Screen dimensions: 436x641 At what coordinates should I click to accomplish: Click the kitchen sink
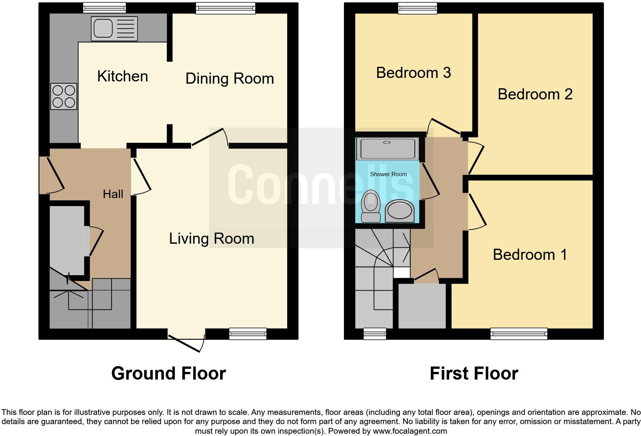(114, 29)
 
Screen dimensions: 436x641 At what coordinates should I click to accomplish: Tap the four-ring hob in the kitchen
(64, 96)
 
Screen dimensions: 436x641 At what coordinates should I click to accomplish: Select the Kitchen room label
(122, 76)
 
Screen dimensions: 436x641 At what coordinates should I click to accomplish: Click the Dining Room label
(229, 78)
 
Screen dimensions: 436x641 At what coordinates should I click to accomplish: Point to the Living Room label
(212, 238)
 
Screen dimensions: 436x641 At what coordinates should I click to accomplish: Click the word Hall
(113, 194)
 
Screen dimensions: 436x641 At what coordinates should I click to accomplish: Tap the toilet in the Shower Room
(371, 206)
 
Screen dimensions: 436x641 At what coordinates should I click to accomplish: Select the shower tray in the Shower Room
(386, 149)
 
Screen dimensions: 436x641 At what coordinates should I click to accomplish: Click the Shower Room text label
(388, 174)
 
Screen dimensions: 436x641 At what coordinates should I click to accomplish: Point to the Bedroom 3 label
(413, 73)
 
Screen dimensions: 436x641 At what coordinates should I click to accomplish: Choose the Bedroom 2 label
(535, 94)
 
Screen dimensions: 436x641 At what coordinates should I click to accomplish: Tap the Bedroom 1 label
(529, 254)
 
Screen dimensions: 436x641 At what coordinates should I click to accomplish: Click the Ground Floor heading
(168, 373)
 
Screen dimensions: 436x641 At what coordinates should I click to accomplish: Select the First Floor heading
(474, 373)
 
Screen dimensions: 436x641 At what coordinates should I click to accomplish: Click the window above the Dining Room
(225, 8)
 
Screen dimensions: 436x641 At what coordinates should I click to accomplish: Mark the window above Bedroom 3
(417, 8)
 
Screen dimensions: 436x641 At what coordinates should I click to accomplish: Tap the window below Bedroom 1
(519, 334)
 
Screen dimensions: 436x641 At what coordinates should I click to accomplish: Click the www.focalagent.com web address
(410, 431)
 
